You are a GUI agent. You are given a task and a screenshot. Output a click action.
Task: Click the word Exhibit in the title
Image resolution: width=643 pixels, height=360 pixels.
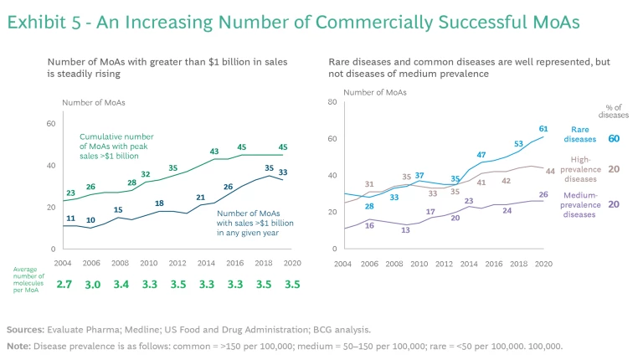37,24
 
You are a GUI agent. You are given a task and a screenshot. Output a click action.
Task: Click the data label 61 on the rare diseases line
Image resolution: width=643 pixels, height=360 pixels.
543,129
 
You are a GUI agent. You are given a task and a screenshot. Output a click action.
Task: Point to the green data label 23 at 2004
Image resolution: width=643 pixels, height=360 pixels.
71,193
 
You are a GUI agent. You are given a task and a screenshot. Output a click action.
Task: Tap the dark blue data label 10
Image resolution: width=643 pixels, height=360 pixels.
91,220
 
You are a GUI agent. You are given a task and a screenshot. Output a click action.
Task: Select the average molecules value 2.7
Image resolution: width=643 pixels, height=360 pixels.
64,284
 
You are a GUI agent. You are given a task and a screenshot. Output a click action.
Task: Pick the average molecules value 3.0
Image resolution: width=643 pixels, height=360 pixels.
92,284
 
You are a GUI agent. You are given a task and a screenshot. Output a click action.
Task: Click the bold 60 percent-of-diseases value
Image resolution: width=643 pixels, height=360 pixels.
614,138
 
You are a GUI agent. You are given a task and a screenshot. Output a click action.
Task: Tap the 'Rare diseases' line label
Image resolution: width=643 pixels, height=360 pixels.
583,135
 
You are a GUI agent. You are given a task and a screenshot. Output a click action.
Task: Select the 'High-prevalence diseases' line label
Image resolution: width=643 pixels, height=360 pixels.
580,168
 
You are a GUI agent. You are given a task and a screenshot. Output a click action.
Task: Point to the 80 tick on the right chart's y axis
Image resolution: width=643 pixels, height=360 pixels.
331,102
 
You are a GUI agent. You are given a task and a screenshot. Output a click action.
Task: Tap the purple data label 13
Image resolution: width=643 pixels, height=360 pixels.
405,229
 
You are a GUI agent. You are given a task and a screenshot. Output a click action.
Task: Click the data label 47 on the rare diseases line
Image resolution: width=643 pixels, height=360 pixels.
481,155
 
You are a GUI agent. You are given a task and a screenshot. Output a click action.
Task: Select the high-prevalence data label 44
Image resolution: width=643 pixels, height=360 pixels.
550,171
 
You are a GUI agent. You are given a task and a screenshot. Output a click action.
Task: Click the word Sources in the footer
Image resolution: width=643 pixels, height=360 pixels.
25,330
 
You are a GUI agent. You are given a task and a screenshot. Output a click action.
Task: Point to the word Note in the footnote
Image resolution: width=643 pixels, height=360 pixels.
18,346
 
